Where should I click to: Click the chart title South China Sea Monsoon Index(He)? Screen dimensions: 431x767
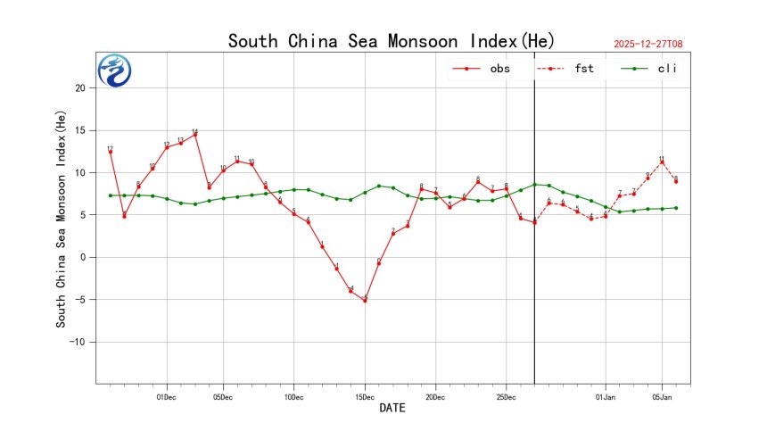coord(392,41)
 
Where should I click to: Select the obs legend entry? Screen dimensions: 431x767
coord(481,68)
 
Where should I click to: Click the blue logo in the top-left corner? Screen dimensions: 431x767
coord(114,70)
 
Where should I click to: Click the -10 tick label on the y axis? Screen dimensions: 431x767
coord(78,342)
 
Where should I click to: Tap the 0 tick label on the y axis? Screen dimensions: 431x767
coord(85,257)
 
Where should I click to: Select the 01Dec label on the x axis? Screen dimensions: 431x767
coord(167,395)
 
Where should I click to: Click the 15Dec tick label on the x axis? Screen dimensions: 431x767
coord(365,395)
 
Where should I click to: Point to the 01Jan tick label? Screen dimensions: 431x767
coord(606,395)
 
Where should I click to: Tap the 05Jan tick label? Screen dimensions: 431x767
coord(662,395)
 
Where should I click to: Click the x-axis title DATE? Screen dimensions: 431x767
coord(392,409)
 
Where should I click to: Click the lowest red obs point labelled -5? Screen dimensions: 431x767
coord(365,301)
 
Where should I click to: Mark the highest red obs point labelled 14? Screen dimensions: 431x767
coord(195,135)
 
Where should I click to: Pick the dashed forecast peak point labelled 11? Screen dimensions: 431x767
coord(662,162)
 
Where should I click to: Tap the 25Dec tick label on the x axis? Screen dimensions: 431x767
coord(506,395)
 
